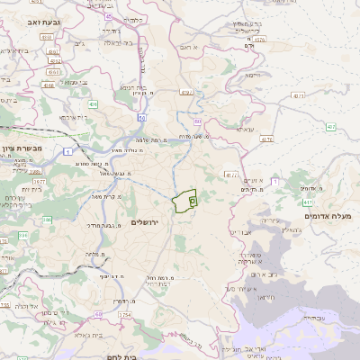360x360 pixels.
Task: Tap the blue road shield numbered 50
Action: click(141, 118)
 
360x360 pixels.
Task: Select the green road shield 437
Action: click(331, 127)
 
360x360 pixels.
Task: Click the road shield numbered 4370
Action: click(231, 174)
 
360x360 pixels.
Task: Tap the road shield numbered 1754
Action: click(124, 315)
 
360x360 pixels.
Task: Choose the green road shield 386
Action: click(21, 235)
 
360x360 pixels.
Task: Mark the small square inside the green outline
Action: click(193, 202)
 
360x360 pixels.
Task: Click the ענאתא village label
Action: click(244, 129)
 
